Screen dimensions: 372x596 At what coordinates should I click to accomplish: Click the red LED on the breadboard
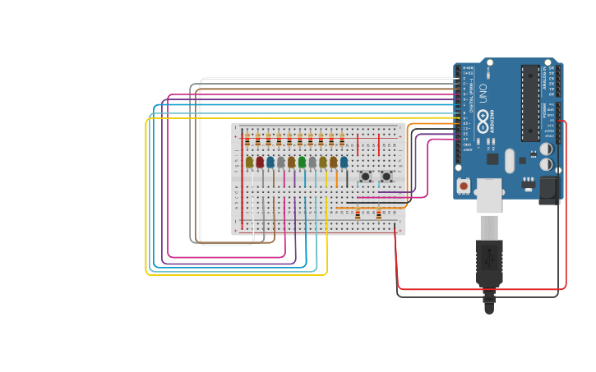point(260,163)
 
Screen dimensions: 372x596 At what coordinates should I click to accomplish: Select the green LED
point(302,163)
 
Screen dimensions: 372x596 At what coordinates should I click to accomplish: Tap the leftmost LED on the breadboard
point(249,163)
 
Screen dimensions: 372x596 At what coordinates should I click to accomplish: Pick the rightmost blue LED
point(344,163)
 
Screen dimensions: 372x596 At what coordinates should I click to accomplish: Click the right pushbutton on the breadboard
point(386,177)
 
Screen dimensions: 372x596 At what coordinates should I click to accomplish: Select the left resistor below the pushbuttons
point(358,215)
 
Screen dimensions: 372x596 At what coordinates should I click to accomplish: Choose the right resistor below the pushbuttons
point(378,215)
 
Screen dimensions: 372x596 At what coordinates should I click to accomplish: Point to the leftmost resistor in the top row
point(247,139)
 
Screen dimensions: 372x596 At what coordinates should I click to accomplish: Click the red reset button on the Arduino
point(464,186)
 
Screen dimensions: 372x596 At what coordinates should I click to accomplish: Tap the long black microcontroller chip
point(530,103)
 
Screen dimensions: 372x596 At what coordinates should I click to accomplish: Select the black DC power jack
point(547,191)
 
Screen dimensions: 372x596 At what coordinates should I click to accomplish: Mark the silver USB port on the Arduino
point(490,195)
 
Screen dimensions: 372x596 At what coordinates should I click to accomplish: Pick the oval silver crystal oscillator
point(510,159)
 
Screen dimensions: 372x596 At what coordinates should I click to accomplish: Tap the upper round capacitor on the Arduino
point(546,149)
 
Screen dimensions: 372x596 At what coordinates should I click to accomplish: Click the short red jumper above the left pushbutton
point(358,149)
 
